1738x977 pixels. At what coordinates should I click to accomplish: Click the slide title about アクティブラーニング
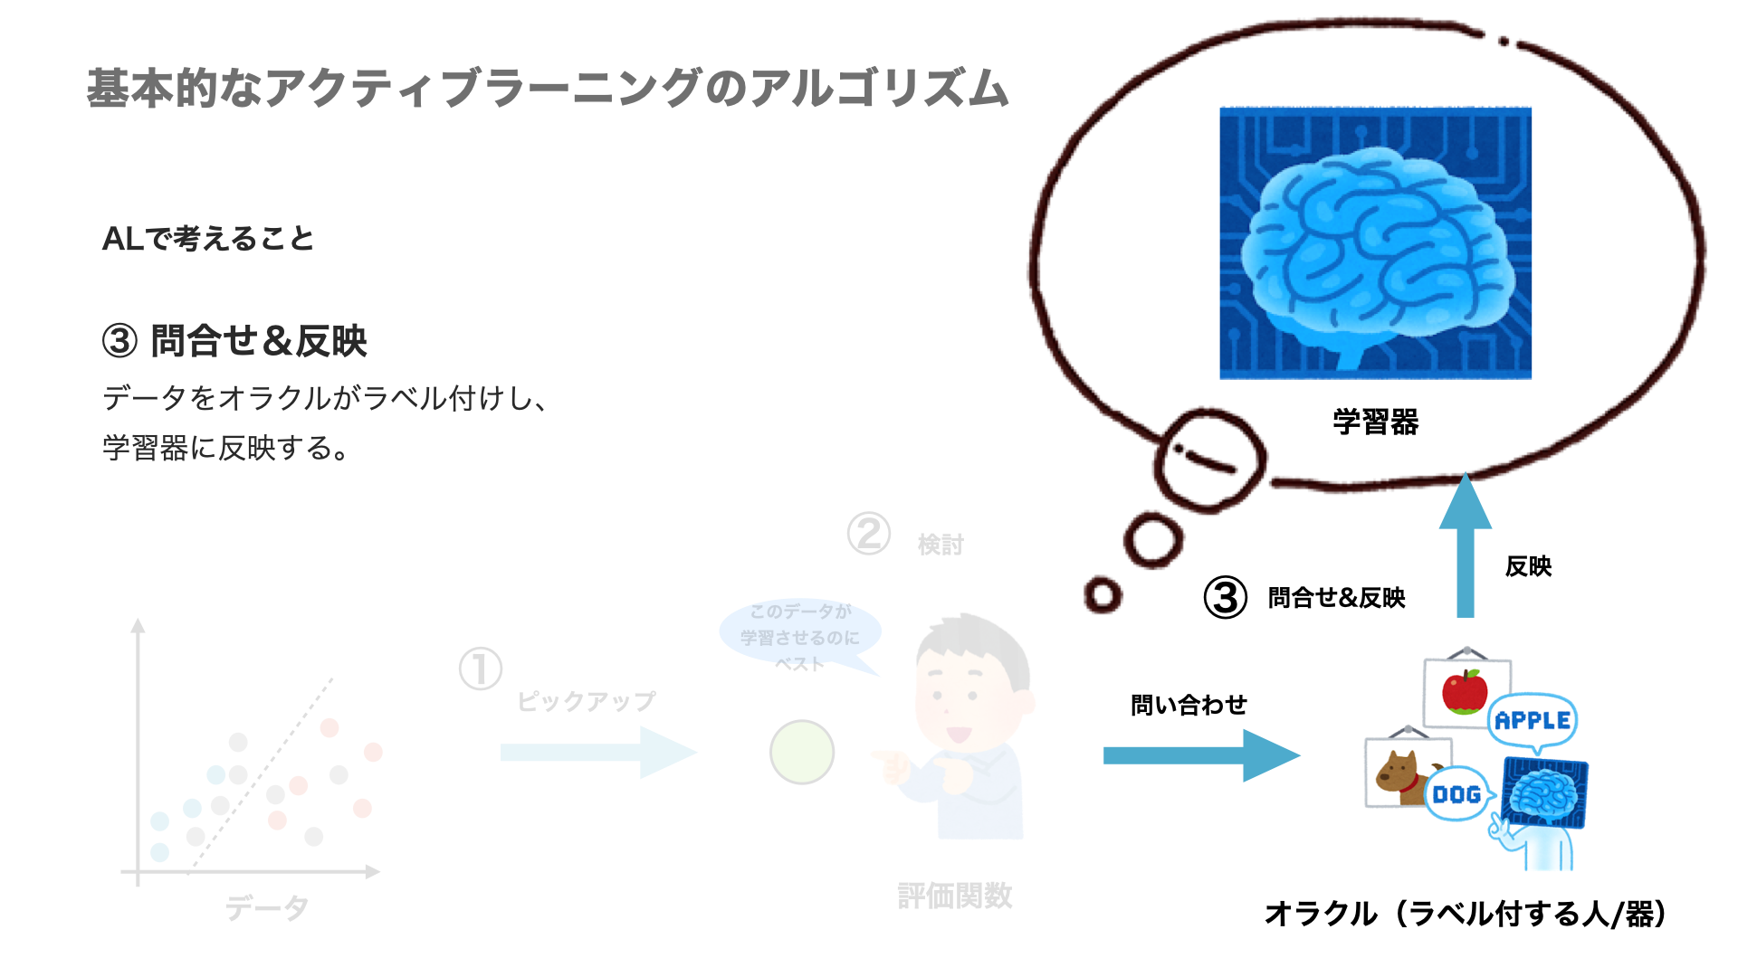coord(547,89)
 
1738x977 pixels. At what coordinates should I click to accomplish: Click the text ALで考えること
coord(208,239)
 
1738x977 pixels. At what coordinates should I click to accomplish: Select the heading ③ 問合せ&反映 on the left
coord(234,342)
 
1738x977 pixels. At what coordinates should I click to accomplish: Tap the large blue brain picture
coord(1375,242)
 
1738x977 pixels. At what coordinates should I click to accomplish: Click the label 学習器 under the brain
coord(1375,422)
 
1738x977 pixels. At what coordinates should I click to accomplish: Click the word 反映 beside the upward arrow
coord(1528,566)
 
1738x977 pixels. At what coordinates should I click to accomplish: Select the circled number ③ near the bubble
coord(1226,598)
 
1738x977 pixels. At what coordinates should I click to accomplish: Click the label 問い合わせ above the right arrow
coord(1189,705)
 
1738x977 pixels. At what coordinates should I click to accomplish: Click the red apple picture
coord(1464,692)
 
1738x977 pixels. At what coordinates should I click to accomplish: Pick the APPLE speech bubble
coord(1533,721)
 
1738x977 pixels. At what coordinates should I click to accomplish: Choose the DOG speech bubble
coord(1456,794)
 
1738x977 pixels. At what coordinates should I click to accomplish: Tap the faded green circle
coord(801,752)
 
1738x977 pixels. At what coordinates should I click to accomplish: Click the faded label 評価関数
coord(954,896)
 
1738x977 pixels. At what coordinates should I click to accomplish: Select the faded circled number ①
coord(480,669)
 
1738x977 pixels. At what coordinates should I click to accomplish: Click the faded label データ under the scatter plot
coord(267,907)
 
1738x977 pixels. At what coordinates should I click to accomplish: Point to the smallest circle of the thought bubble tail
coord(1103,595)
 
